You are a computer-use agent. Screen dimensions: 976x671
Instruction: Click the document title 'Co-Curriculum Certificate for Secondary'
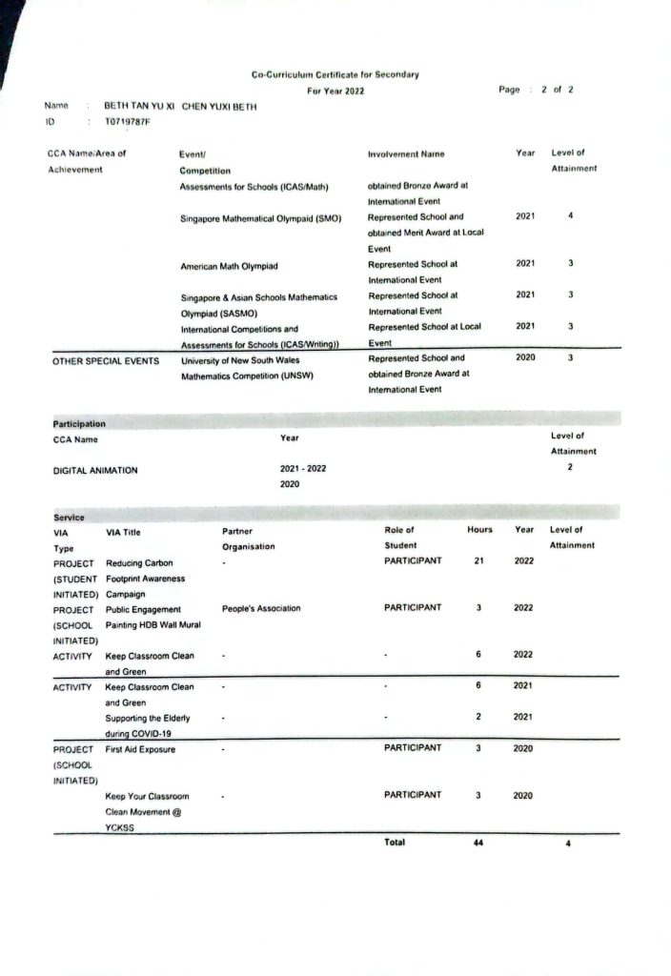tap(335, 74)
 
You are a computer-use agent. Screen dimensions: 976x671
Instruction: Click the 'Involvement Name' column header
tap(406, 153)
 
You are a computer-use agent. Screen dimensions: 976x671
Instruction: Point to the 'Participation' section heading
tap(79, 422)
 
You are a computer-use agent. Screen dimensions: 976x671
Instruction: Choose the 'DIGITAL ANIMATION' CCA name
tap(95, 471)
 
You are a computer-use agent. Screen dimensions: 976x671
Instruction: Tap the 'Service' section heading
tap(69, 517)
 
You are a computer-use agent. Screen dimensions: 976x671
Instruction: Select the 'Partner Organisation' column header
tap(248, 539)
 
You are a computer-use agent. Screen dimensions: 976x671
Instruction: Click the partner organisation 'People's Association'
tap(261, 608)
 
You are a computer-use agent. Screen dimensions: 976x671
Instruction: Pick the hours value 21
tap(479, 561)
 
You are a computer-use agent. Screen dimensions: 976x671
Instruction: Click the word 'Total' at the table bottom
tap(395, 843)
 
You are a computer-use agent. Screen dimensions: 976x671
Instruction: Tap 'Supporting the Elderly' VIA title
tap(148, 717)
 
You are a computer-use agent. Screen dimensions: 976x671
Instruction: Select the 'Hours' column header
tap(479, 530)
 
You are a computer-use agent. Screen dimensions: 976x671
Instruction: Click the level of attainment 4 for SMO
tap(570, 216)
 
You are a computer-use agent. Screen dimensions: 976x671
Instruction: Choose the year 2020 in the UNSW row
tap(525, 358)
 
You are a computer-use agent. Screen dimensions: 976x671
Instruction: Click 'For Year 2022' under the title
tap(335, 91)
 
